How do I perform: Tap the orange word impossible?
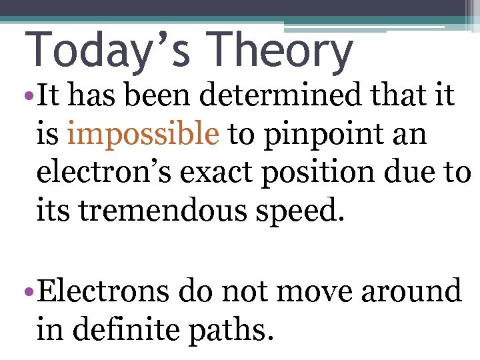click(x=143, y=134)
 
